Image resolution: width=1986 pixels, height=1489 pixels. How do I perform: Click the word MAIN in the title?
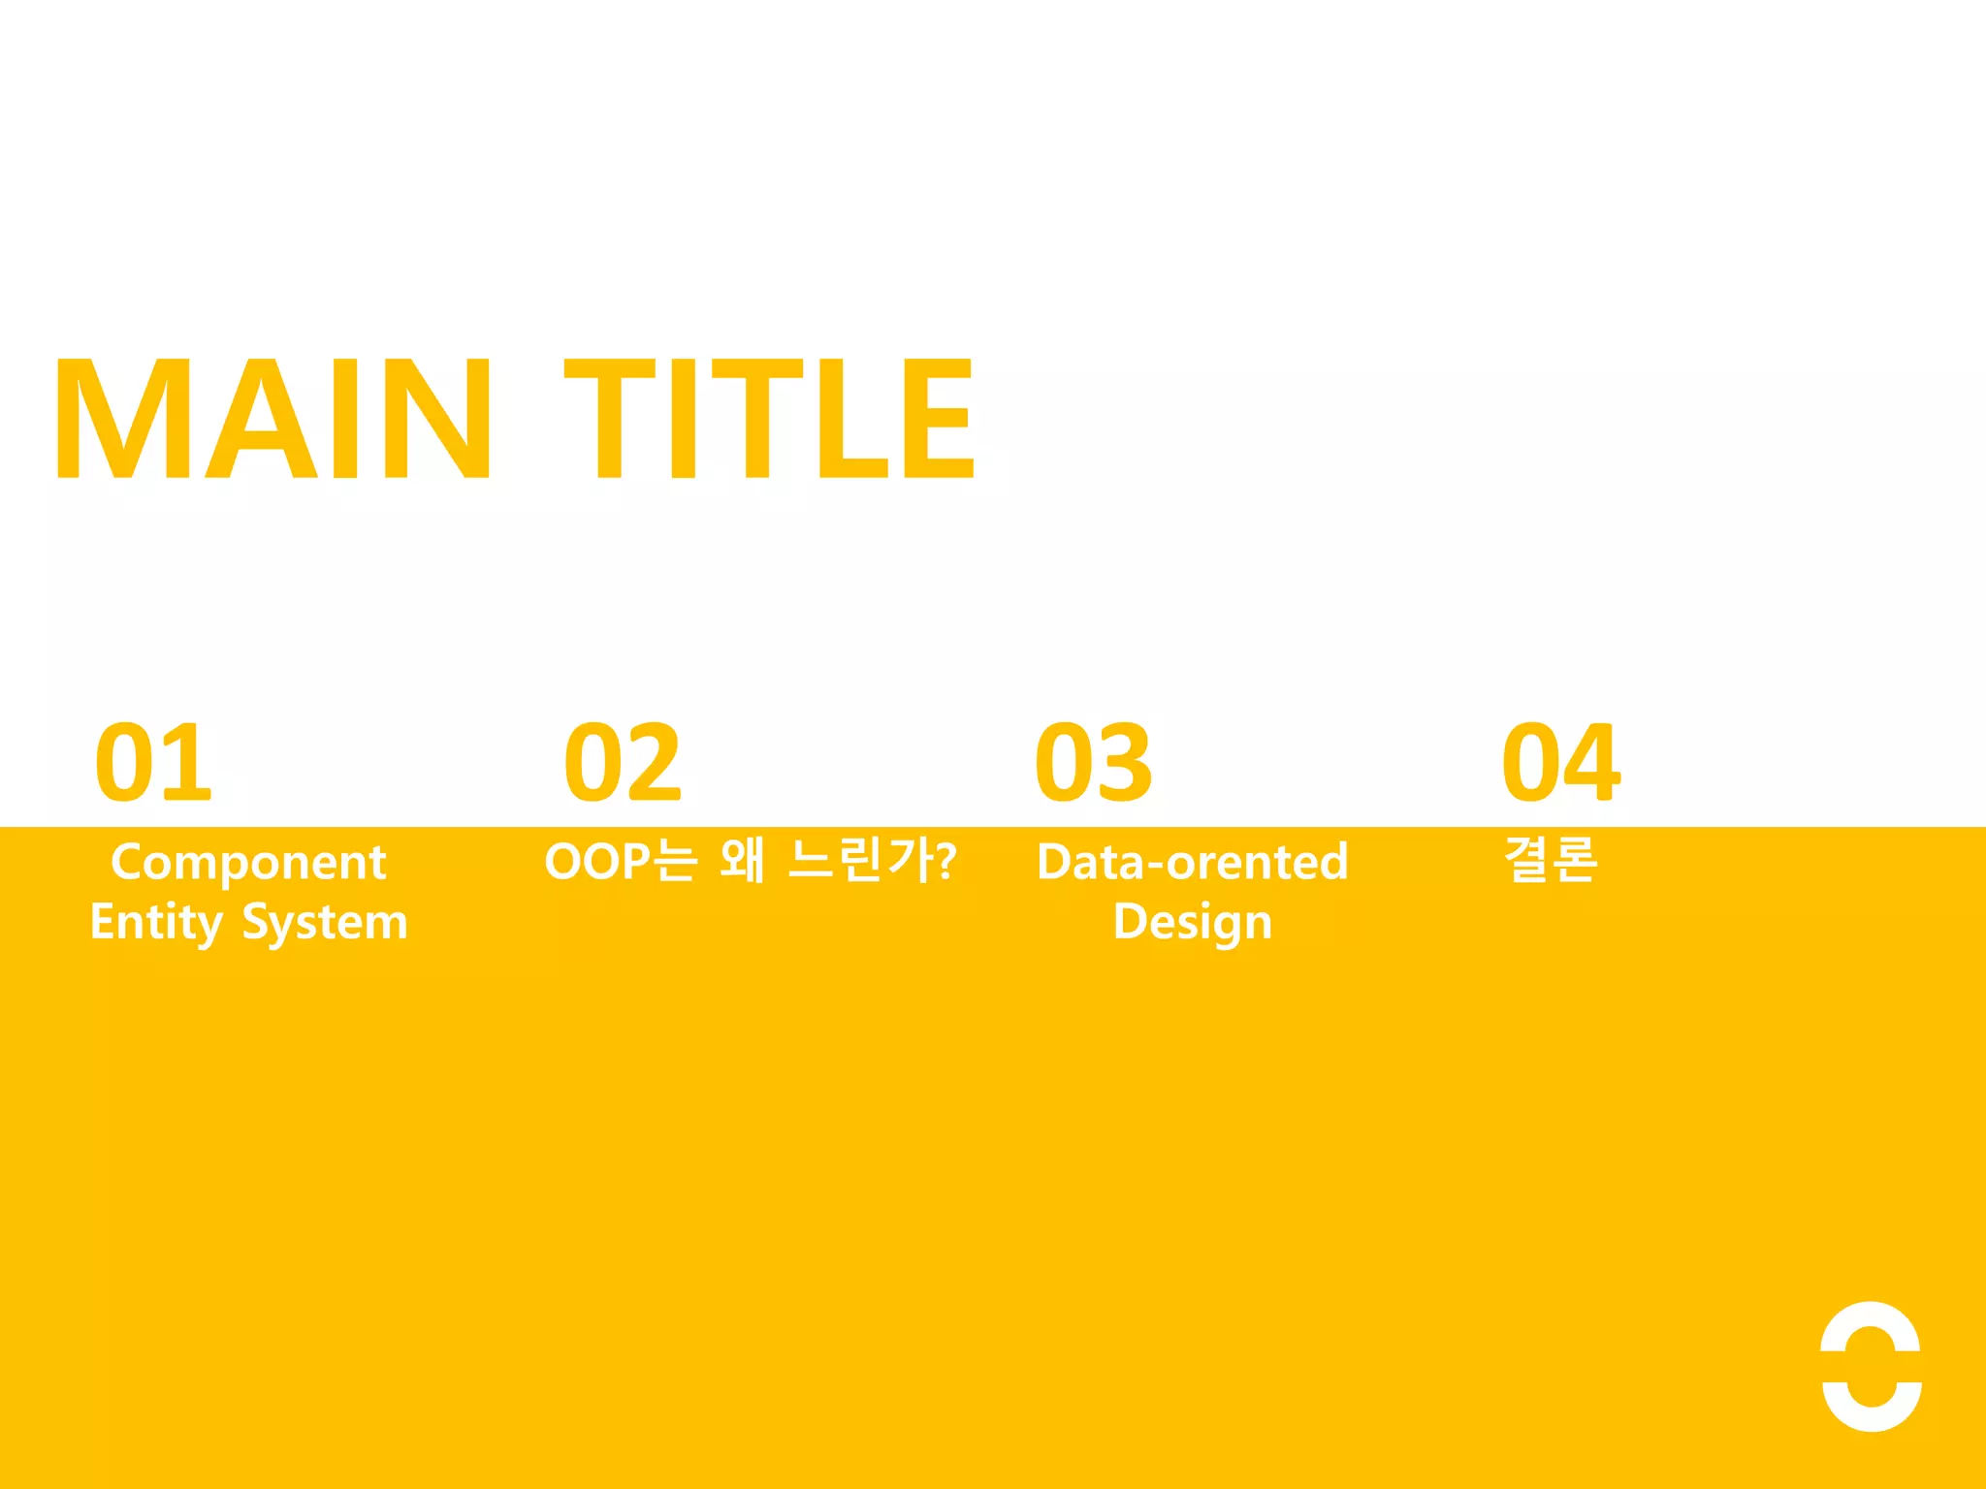point(273,418)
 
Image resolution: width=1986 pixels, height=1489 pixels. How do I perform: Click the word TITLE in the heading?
point(768,418)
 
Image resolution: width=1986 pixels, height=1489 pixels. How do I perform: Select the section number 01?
point(153,763)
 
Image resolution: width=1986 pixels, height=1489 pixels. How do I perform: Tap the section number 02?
point(624,763)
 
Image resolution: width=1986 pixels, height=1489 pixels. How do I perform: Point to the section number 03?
point(1094,763)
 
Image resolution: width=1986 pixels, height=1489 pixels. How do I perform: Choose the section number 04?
point(1560,763)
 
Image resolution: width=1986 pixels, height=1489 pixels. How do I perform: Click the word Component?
point(248,863)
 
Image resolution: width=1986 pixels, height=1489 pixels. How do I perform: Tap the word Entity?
point(156,922)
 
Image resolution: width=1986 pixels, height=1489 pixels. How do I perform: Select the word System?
point(325,922)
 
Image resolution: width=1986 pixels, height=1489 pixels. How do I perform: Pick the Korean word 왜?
point(743,860)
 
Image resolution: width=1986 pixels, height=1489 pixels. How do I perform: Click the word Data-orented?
point(1192,862)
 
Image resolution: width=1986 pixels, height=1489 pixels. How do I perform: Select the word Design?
point(1192,922)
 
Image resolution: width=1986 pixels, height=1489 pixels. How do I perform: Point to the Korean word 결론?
point(1550,860)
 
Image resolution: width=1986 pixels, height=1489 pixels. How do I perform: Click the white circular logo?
point(1871,1366)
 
